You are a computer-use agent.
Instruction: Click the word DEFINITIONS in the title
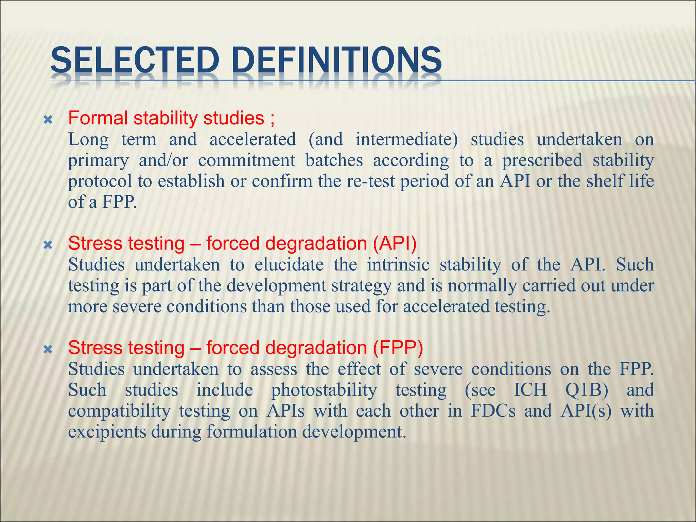click(338, 60)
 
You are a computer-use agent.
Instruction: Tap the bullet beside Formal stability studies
click(48, 120)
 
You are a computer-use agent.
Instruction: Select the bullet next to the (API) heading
click(48, 245)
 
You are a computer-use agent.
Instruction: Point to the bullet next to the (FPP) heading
click(48, 349)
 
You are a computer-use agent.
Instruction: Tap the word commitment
click(246, 160)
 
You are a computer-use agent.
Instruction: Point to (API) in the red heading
click(395, 243)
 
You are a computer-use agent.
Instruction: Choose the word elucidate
click(289, 264)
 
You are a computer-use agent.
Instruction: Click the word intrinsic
click(398, 264)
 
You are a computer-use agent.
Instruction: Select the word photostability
click(324, 390)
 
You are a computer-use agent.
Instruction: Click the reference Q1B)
click(587, 390)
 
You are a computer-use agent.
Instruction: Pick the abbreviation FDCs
click(493, 411)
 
